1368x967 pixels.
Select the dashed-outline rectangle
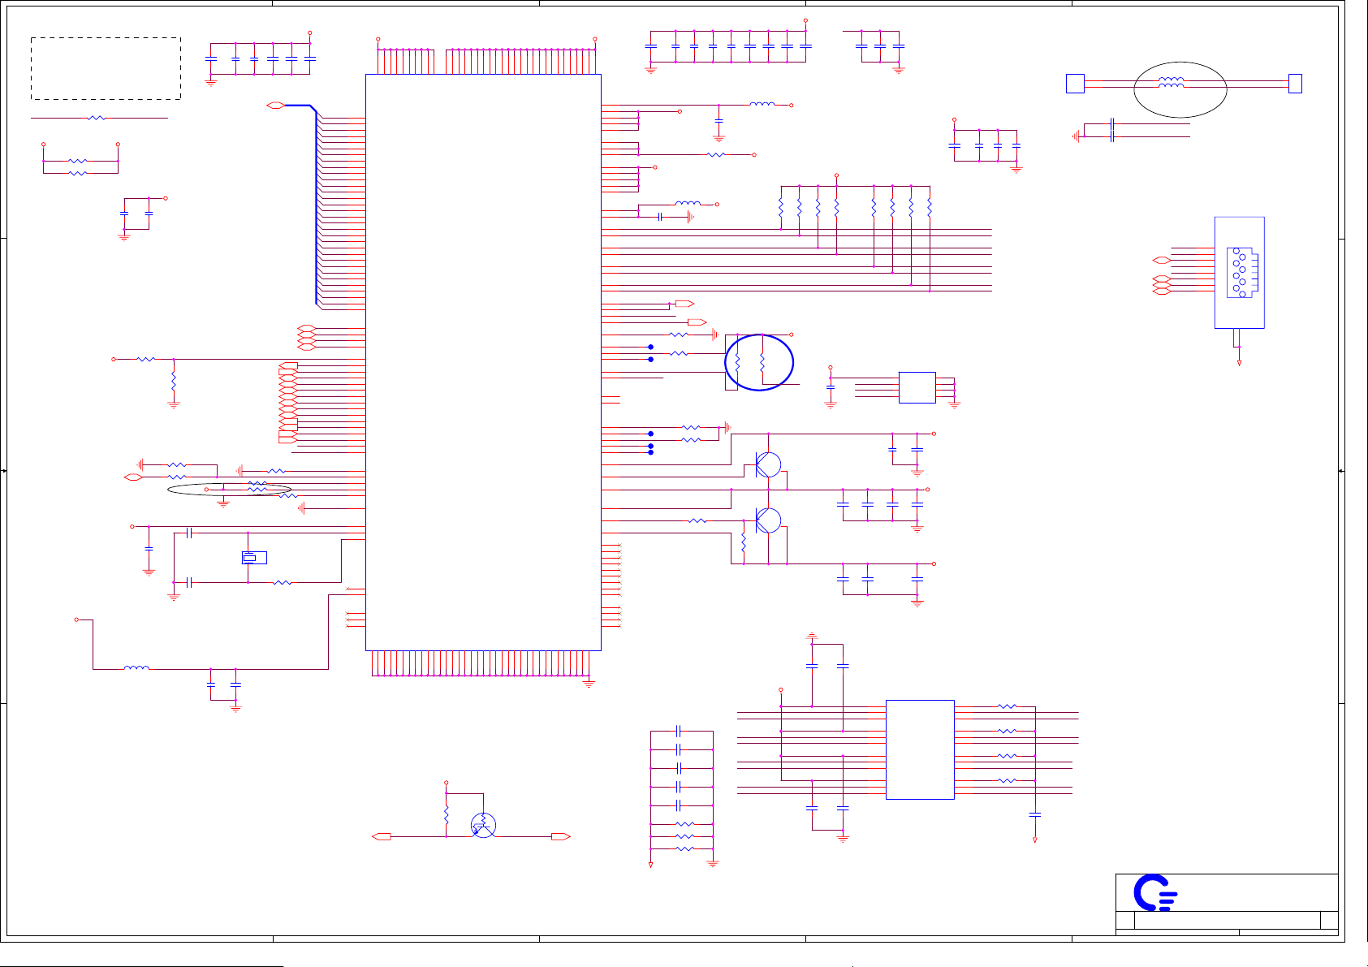[x=106, y=68]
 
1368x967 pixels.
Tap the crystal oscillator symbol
[x=253, y=558]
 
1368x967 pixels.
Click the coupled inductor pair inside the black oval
[x=1171, y=82]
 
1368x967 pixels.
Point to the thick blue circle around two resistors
[x=759, y=362]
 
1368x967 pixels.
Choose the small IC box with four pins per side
[x=917, y=387]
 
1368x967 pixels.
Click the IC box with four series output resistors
[x=919, y=749]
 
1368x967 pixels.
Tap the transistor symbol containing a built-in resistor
[x=483, y=826]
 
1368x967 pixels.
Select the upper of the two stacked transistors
[x=767, y=465]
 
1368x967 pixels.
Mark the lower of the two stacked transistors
[x=767, y=520]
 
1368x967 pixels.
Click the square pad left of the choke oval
[x=1075, y=84]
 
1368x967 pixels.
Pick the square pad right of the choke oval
[x=1295, y=84]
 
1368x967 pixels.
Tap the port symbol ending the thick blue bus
[x=275, y=106]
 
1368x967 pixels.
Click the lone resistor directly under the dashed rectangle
[x=97, y=118]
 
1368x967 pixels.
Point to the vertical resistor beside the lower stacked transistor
[x=744, y=542]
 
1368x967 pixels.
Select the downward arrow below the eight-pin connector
[x=1239, y=363]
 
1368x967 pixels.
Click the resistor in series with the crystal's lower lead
[x=283, y=582]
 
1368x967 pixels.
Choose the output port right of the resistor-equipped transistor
[x=560, y=836]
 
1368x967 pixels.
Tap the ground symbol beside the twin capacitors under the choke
[x=1077, y=136]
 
